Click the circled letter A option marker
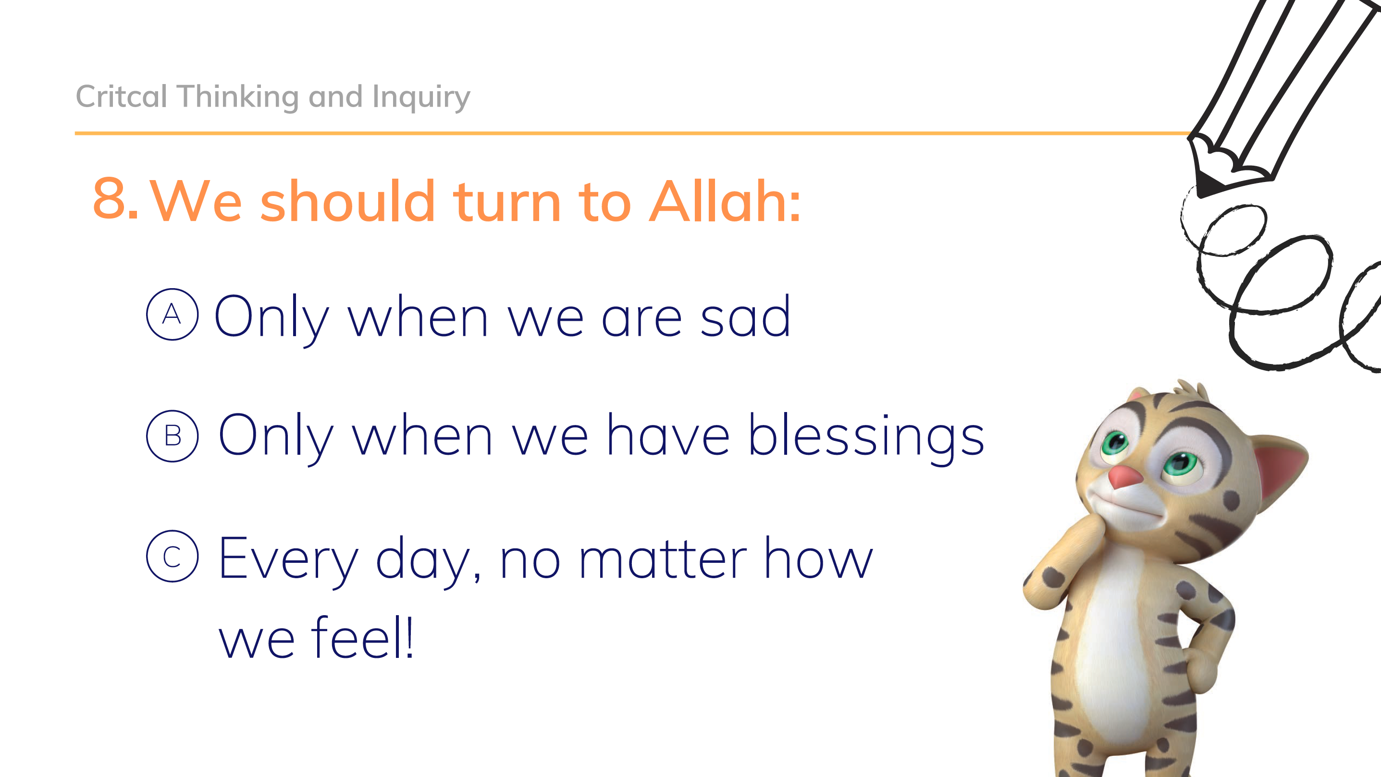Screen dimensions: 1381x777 click(x=172, y=315)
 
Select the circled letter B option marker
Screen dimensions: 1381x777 click(x=172, y=436)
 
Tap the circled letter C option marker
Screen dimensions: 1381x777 click(x=172, y=556)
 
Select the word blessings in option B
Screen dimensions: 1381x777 click(x=866, y=437)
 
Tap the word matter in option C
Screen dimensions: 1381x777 click(x=663, y=560)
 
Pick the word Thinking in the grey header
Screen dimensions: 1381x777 click(x=237, y=97)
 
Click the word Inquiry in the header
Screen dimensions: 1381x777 click(x=421, y=97)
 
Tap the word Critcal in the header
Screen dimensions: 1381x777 click(x=122, y=97)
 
